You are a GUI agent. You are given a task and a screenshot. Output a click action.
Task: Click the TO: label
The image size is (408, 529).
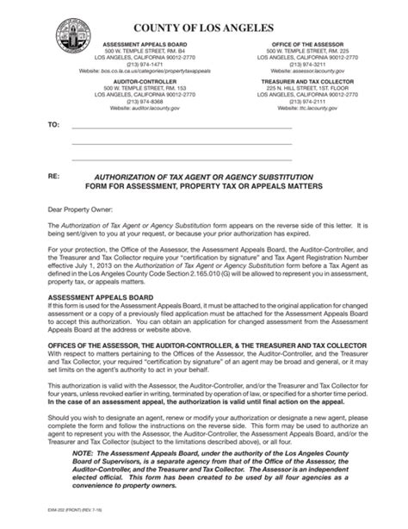(x=53, y=126)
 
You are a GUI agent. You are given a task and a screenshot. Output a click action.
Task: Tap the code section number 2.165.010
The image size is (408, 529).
(x=219, y=272)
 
